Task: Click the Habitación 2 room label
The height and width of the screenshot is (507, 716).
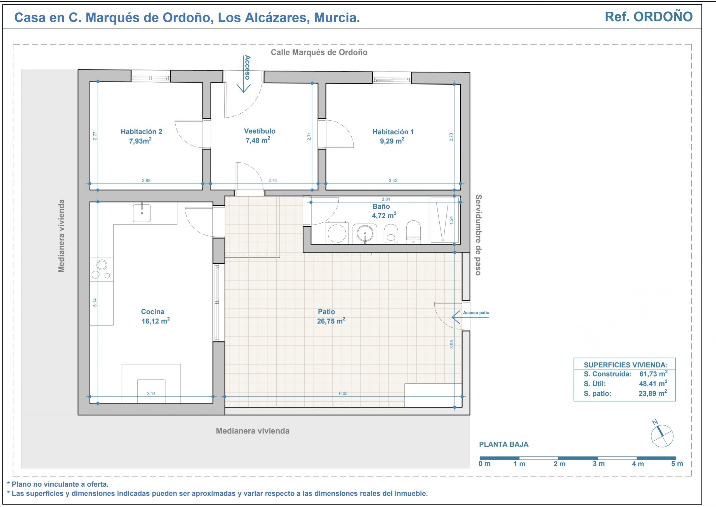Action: (x=142, y=132)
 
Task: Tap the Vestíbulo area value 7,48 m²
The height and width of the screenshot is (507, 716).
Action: (x=258, y=140)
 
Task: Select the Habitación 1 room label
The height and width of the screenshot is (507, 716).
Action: (x=393, y=132)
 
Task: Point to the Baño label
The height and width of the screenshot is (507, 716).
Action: (x=381, y=206)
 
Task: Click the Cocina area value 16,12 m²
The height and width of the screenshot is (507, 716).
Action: (x=156, y=321)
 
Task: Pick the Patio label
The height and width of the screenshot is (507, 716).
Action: (x=326, y=311)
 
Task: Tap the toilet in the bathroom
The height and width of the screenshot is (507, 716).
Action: (x=413, y=232)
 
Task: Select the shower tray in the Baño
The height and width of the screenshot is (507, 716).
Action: (x=444, y=220)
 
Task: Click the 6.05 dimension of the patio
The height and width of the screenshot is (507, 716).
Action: (x=343, y=394)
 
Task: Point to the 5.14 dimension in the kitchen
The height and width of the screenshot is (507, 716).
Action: (x=95, y=302)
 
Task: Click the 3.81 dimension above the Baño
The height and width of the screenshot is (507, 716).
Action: (x=386, y=199)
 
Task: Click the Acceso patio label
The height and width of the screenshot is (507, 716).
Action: (x=476, y=313)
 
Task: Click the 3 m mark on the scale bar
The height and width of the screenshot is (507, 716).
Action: (x=599, y=464)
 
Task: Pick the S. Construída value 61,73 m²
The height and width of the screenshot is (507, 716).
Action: (x=653, y=374)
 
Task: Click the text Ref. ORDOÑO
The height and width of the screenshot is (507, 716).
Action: (x=649, y=17)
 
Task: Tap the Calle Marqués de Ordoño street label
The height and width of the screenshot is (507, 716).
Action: (x=319, y=52)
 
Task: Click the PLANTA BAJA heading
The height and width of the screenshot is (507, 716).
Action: (x=504, y=444)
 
